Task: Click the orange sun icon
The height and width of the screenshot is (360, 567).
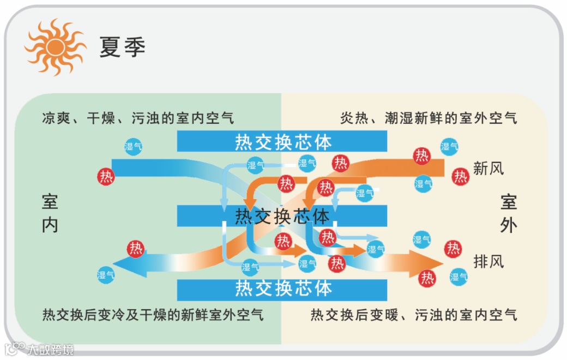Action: pyautogui.click(x=55, y=47)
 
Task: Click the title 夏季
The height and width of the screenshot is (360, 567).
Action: pyautogui.click(x=122, y=47)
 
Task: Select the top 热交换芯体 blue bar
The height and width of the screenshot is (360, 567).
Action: pyautogui.click(x=282, y=142)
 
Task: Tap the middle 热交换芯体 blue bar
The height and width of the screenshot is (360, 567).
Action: pyautogui.click(x=282, y=216)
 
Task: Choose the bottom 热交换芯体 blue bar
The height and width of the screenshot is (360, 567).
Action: pyautogui.click(x=282, y=288)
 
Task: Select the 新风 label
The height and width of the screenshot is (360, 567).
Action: pyautogui.click(x=488, y=169)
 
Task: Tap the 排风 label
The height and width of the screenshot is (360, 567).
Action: pyautogui.click(x=488, y=261)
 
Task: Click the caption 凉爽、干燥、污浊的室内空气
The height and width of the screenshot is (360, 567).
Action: pyautogui.click(x=138, y=118)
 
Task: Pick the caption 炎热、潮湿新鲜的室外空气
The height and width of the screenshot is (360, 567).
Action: pyautogui.click(x=429, y=118)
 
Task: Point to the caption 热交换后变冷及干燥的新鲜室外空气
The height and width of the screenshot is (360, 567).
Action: pyautogui.click(x=153, y=315)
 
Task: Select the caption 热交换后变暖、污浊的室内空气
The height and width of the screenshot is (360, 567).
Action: pyautogui.click(x=414, y=315)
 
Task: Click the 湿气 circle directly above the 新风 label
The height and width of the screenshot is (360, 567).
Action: pyautogui.click(x=449, y=146)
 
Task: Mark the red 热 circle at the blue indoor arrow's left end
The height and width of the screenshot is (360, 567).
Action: pyautogui.click(x=106, y=176)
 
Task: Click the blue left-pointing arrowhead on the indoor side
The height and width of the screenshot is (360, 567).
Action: pyautogui.click(x=126, y=266)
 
